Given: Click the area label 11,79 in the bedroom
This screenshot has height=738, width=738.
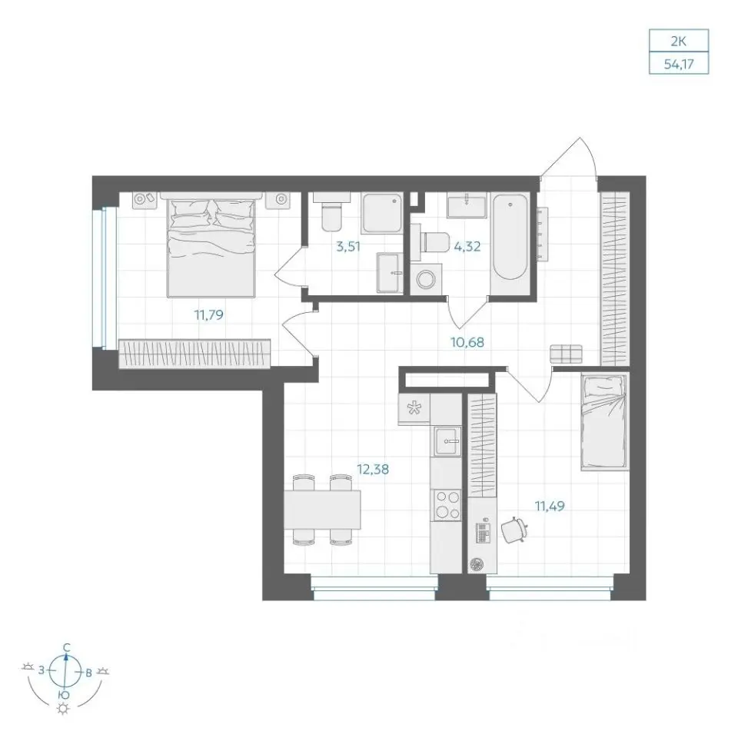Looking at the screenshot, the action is (x=209, y=314).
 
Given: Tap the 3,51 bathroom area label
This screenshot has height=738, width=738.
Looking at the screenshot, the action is (x=348, y=246).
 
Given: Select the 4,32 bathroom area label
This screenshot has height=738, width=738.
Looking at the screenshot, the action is (x=467, y=246).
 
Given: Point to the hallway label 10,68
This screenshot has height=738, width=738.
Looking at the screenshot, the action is (x=467, y=342).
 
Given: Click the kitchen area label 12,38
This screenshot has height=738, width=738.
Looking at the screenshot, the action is (x=373, y=469).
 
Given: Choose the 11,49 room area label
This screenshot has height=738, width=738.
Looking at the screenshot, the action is (x=550, y=506).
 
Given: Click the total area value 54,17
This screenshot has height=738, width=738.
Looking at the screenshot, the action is (x=679, y=64).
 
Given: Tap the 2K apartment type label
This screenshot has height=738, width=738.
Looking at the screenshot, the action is (x=679, y=42).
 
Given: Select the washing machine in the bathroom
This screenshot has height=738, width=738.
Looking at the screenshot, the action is (x=427, y=278).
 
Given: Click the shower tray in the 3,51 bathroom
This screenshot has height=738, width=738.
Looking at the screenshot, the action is (x=382, y=213).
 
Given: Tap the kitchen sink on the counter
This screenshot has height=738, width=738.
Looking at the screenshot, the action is (x=447, y=441).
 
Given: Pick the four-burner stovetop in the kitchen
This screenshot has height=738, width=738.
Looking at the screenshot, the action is (x=447, y=505).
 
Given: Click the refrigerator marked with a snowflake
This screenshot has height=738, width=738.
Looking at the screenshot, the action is (x=414, y=409).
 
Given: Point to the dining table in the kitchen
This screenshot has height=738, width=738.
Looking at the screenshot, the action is (x=322, y=510).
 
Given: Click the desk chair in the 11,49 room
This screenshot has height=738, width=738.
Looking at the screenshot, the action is (x=514, y=530).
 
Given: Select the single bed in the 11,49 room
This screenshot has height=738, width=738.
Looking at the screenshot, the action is (x=605, y=422).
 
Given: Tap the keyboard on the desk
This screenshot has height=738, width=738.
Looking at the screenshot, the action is (x=483, y=533).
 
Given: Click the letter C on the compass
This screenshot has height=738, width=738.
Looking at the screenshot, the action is (x=67, y=647).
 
